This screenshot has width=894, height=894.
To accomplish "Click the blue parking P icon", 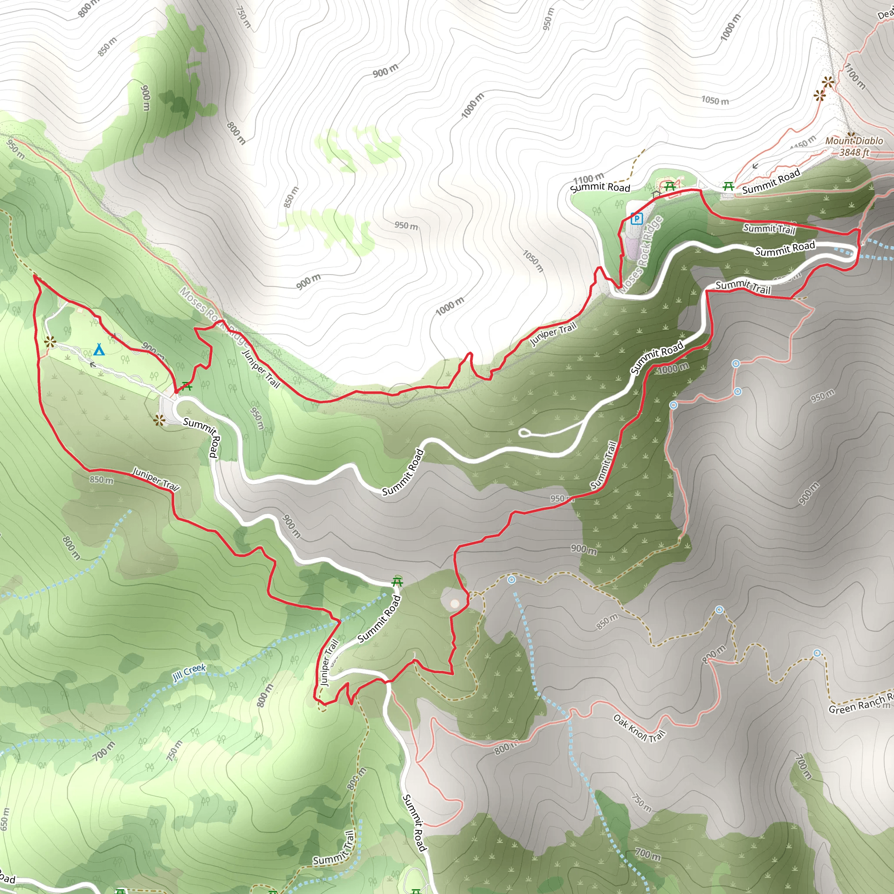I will tap(637, 218).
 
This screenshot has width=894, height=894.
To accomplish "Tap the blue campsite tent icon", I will tap(99, 350).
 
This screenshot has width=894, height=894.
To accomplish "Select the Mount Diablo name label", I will tap(854, 141).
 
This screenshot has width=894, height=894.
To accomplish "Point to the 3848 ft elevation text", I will tap(854, 152).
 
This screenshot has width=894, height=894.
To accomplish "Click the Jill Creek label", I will tap(189, 672).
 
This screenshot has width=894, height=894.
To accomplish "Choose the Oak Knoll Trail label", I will tap(639, 728).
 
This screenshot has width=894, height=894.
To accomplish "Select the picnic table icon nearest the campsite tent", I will tap(186, 385).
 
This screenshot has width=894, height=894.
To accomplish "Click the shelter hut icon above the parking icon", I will tap(656, 194).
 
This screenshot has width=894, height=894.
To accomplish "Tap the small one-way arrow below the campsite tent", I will tap(93, 364).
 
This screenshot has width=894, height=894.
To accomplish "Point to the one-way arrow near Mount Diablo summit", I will tap(755, 165).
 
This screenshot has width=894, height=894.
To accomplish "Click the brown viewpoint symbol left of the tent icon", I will tap(50, 342).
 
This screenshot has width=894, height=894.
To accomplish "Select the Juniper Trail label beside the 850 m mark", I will tap(156, 478).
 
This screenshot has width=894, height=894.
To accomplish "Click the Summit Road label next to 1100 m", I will tap(600, 187).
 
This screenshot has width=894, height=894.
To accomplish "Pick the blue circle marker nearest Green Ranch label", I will tap(817, 653).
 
